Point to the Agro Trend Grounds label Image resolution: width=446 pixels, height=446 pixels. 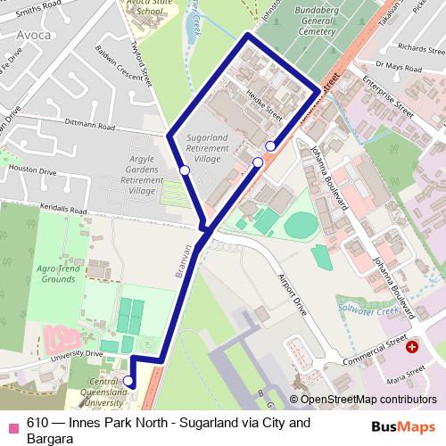click(x=59, y=273)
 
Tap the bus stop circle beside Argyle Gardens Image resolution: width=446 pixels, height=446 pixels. click(x=184, y=169)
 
